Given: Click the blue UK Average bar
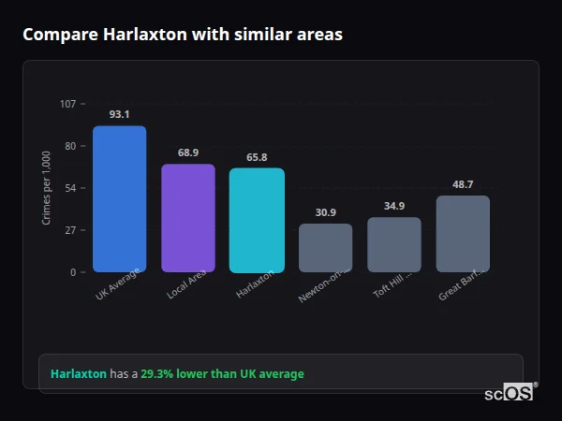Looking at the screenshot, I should (x=119, y=199).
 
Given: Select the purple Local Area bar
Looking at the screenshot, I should (x=188, y=218).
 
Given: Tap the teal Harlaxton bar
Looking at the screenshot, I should (x=257, y=221).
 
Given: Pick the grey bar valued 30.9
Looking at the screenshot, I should (x=325, y=248).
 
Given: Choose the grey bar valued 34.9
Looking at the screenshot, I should (x=394, y=245).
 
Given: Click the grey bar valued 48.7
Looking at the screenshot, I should (x=463, y=234).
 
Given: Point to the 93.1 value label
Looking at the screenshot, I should (x=119, y=114).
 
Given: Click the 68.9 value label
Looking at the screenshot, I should (x=188, y=152).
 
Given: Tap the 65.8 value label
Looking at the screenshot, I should (x=257, y=157).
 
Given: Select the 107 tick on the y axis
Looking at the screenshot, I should (x=67, y=104).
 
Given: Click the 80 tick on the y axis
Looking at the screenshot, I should (x=70, y=146).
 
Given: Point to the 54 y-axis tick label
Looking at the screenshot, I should (x=70, y=188).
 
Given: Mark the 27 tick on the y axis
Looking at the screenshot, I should (x=70, y=230).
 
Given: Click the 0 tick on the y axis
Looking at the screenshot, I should (x=73, y=272).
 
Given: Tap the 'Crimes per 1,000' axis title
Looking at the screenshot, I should (x=47, y=188).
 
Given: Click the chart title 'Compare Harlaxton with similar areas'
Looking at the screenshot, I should (x=182, y=35).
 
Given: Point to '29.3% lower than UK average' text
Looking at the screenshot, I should (x=222, y=373).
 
